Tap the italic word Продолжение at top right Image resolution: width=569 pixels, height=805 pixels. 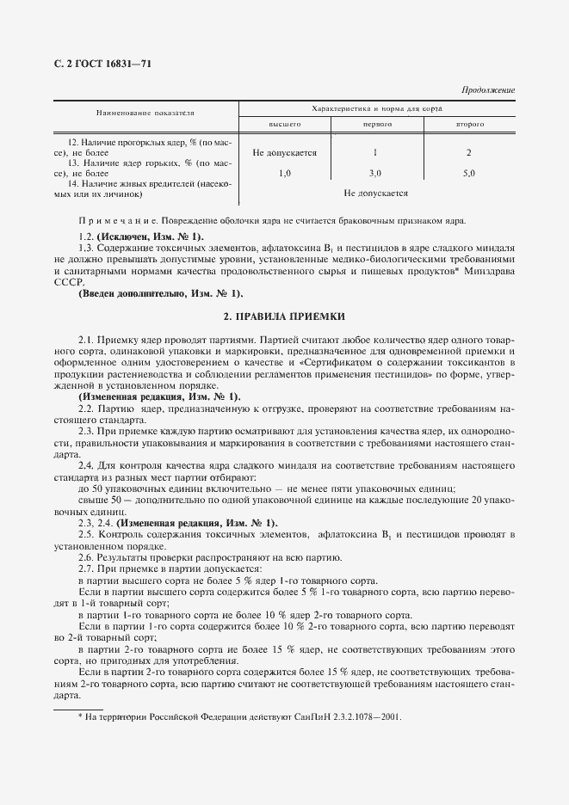point(488,89)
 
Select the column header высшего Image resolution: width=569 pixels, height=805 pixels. point(284,126)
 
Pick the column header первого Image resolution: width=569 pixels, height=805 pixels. point(375,126)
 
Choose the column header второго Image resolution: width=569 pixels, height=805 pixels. point(469,126)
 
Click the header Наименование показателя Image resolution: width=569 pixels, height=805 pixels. point(145,112)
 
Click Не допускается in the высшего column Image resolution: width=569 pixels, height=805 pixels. point(284,153)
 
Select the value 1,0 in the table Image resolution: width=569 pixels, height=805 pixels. point(285,173)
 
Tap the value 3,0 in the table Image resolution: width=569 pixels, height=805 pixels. point(375,173)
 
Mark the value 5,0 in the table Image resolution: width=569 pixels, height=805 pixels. point(469,173)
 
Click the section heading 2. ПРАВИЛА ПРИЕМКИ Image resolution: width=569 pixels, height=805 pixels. point(284,317)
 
